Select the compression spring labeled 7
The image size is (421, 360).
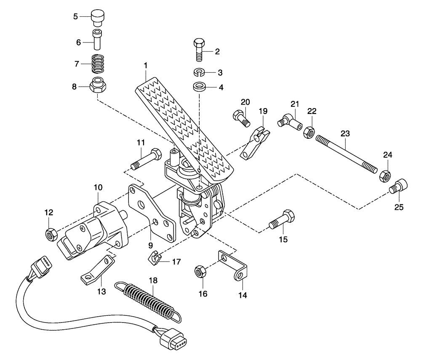point(98,64)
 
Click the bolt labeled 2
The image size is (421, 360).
point(200,50)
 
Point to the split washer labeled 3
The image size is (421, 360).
point(200,72)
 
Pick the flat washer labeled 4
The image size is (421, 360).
point(200,87)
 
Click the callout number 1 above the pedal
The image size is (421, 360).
point(145,66)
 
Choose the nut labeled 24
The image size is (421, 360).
point(384,175)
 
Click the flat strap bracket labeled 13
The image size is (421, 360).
point(98,270)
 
